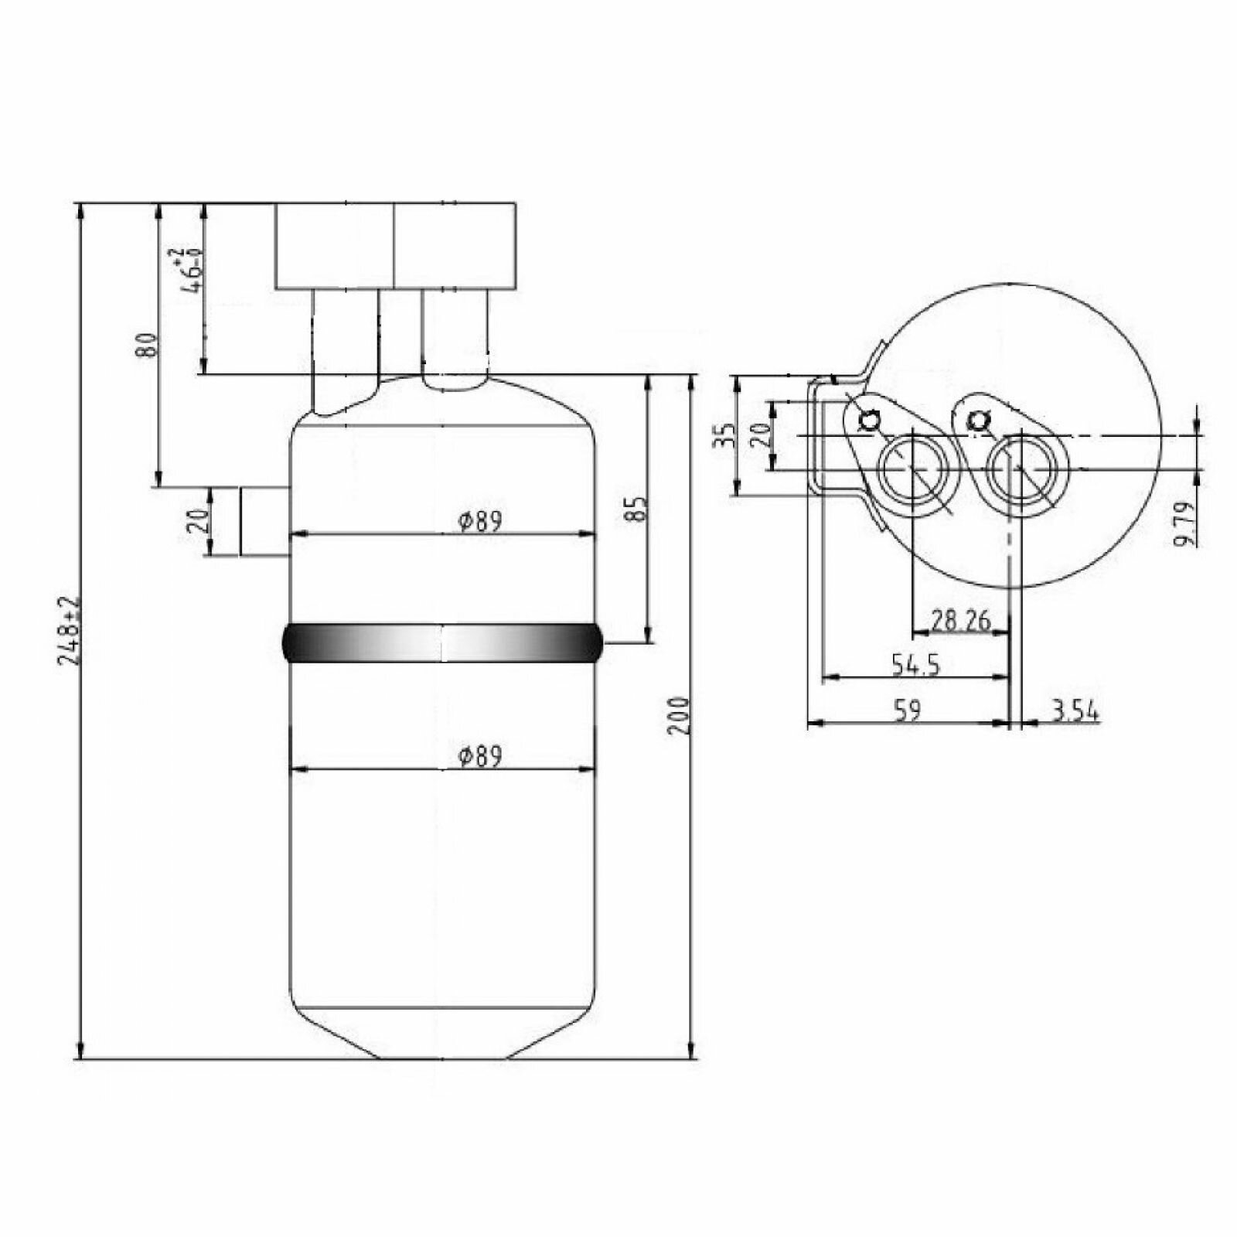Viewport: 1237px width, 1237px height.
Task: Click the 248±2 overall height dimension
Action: (70, 631)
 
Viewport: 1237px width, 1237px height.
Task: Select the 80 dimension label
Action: (146, 345)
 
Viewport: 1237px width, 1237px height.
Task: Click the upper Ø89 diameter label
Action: (479, 522)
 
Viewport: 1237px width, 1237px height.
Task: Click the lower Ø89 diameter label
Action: (479, 756)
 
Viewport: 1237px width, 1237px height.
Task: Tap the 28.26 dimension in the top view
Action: (961, 620)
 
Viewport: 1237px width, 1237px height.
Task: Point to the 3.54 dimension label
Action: (1075, 711)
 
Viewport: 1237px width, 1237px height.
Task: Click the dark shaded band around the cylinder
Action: (442, 643)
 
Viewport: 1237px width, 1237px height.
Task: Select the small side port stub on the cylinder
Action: (264, 521)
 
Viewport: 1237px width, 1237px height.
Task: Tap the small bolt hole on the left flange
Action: (870, 420)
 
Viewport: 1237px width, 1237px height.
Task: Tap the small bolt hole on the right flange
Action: (979, 420)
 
